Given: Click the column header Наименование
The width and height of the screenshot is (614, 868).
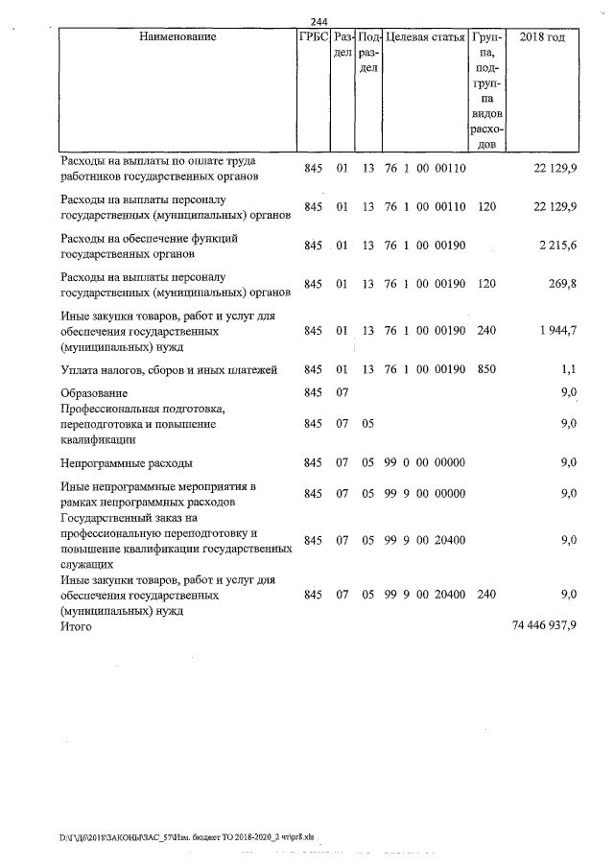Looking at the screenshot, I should [x=177, y=37].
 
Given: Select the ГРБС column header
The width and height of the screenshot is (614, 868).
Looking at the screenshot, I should [x=314, y=37].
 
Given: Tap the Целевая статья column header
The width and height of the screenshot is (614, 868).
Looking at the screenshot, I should [x=425, y=37].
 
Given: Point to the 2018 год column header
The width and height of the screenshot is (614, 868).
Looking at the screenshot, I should [x=542, y=37].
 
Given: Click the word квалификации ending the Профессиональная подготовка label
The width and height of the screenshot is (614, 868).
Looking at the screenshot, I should [x=98, y=439].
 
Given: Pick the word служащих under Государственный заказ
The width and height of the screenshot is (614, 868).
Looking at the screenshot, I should [x=86, y=567].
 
